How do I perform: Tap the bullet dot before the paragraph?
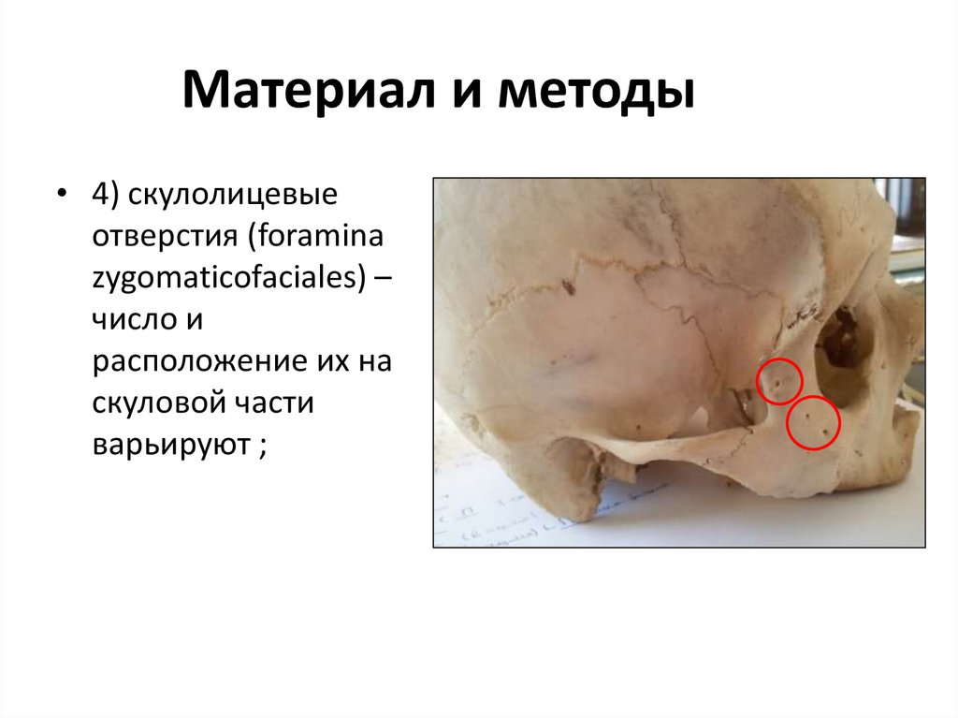61,196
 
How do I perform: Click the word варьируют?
169,443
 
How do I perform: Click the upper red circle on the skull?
778,381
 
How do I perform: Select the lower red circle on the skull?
813,423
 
